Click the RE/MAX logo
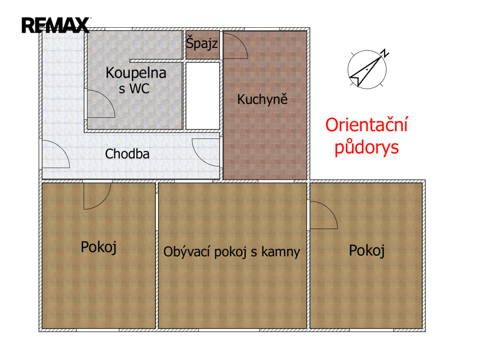tap(56, 25)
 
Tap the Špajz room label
tap(202, 43)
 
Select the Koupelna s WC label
tap(136, 80)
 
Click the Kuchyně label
tap(262, 99)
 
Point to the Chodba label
tap(127, 154)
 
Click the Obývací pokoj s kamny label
tap(232, 252)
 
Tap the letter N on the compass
tap(385, 53)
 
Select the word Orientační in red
tap(366, 125)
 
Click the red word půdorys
tap(366, 147)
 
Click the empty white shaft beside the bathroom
tap(202, 96)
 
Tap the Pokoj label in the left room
tap(99, 247)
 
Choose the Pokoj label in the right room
tap(367, 251)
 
